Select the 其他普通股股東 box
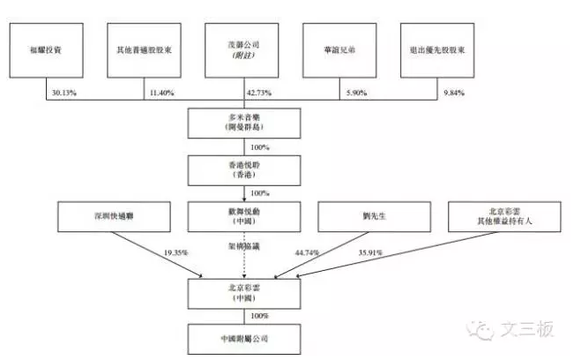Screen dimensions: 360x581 pos(144,49)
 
